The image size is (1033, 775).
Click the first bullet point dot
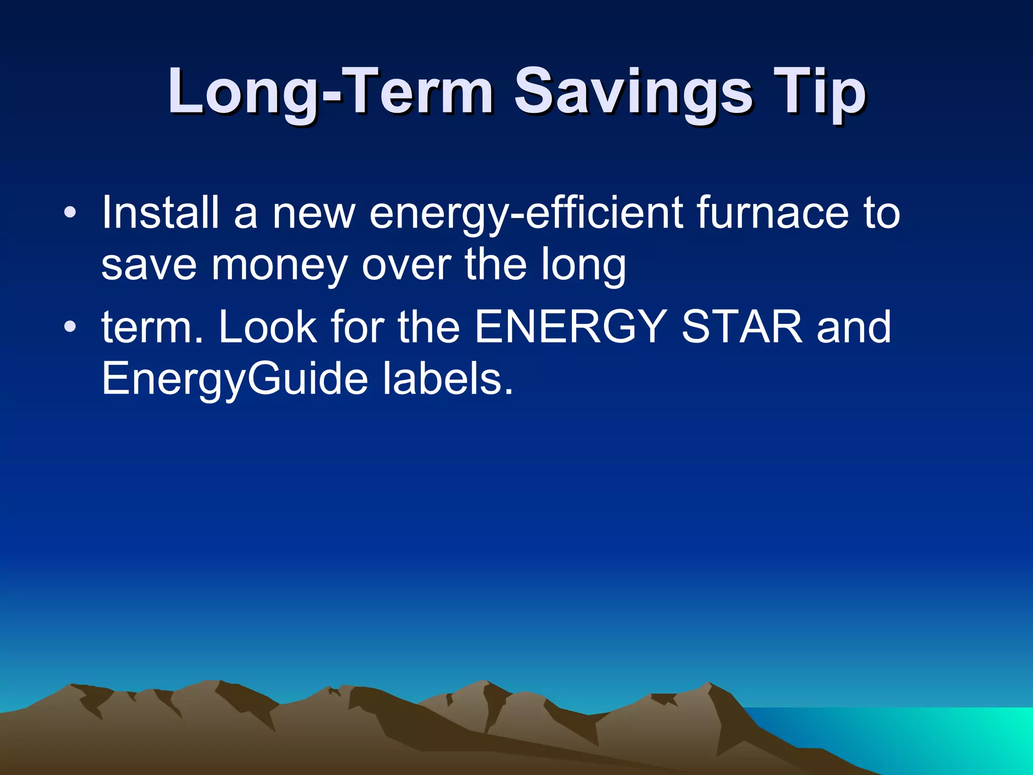(x=70, y=212)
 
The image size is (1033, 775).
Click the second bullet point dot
(x=70, y=327)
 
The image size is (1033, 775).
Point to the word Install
(x=160, y=212)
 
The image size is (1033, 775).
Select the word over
(x=406, y=265)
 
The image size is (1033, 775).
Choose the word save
(x=149, y=265)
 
